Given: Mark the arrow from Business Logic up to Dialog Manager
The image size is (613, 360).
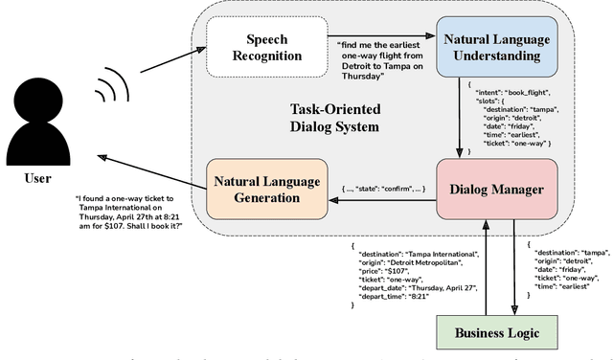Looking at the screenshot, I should tap(488, 255).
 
